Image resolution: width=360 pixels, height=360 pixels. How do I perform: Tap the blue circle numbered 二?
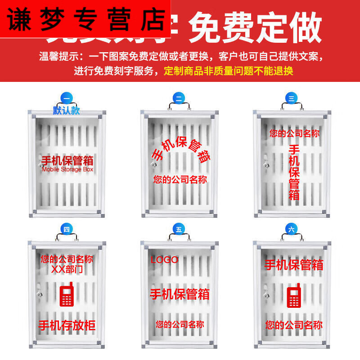tap(179, 98)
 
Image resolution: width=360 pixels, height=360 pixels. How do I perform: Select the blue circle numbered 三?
tap(291, 98)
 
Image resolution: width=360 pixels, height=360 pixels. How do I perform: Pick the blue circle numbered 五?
tap(179, 229)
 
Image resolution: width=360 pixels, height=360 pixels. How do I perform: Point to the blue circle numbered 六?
tap(291, 229)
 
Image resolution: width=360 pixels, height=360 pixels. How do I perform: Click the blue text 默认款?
tap(66, 110)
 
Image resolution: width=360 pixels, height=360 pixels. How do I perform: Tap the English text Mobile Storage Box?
tap(67, 170)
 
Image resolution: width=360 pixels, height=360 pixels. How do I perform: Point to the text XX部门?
tap(67, 269)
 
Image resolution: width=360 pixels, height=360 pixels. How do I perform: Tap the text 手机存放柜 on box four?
tap(67, 325)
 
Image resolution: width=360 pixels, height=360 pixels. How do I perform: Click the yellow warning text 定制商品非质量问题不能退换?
tap(229, 71)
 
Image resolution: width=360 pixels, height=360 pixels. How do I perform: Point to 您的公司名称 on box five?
tap(180, 324)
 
